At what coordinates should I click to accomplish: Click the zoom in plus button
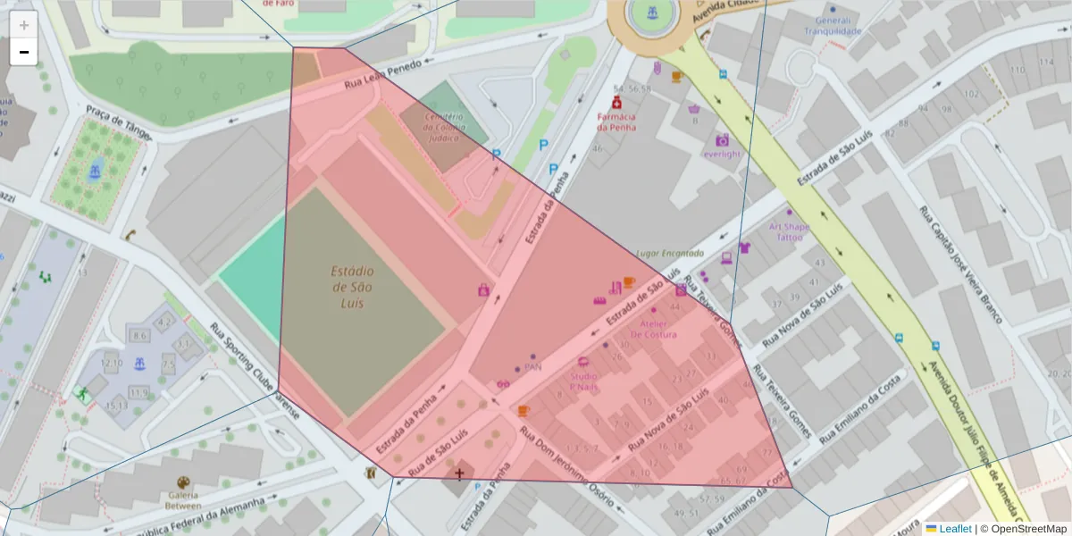tap(24, 25)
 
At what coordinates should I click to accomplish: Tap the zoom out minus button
tap(24, 52)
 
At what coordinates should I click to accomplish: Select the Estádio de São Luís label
tap(353, 287)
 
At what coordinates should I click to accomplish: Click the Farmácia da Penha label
tap(616, 121)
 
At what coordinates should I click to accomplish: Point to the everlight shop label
tap(722, 154)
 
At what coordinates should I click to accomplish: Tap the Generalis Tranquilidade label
tap(833, 26)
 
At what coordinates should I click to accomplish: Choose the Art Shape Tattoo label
tap(789, 232)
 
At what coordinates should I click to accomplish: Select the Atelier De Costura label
tap(653, 329)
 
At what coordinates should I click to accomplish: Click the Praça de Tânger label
tap(118, 123)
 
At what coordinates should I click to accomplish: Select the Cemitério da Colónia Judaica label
tap(444, 127)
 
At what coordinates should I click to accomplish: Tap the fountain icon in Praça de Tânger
tap(94, 170)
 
